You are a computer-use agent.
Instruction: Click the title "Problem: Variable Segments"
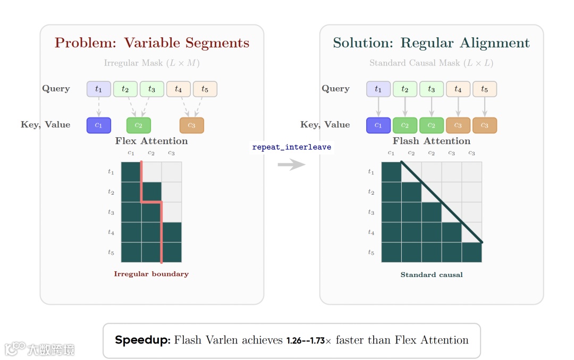[x=151, y=43]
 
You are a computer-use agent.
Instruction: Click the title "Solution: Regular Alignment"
[x=431, y=43]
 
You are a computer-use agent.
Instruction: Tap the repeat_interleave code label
[x=291, y=147]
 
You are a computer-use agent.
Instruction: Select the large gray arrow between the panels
[x=291, y=165]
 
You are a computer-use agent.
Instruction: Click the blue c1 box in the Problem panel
[x=98, y=125]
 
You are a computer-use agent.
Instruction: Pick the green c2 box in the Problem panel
[x=138, y=125]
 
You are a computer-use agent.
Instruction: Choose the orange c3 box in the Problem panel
[x=191, y=125]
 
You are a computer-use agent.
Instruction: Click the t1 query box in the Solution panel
[x=378, y=89]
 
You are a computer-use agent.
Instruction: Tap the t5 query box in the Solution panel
[x=484, y=89]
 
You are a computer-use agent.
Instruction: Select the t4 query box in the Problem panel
[x=178, y=89]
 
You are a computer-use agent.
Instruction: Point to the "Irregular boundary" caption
[x=151, y=274]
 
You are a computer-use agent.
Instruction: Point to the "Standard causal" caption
[x=431, y=275]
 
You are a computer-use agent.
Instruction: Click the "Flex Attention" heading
[x=151, y=141]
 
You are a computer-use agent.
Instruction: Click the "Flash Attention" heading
[x=431, y=141]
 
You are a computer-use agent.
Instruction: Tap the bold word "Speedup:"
[x=142, y=340]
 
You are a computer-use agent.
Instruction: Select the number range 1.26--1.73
[x=305, y=341]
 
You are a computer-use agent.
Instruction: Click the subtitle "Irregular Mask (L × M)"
[x=151, y=63]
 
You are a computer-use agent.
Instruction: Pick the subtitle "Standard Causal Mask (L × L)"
[x=431, y=63]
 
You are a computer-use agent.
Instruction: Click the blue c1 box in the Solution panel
[x=378, y=125]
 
